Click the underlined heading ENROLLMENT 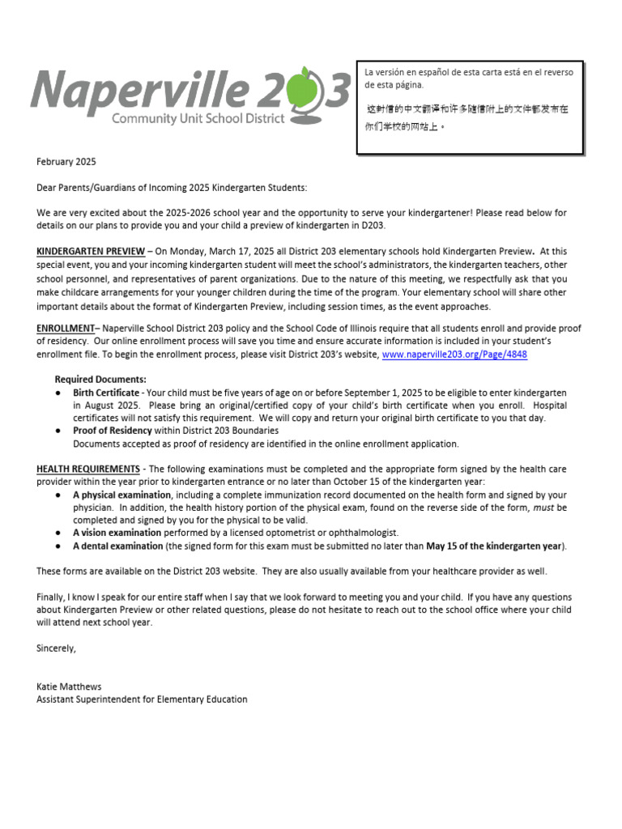point(66,329)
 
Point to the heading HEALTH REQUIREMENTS point(88,470)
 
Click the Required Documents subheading point(100,379)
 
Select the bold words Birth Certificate point(106,393)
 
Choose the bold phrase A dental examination point(118,546)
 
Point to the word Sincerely point(56,648)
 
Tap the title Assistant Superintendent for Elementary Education point(142,699)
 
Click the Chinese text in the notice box point(468,117)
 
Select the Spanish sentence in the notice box point(469,79)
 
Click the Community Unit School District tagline point(198,118)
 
